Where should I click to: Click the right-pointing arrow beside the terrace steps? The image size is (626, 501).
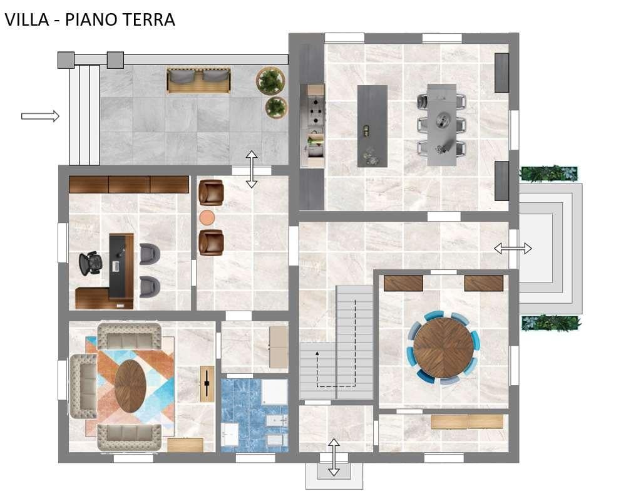pyautogui.click(x=40, y=116)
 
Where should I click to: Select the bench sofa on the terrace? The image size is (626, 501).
pyautogui.click(x=198, y=80)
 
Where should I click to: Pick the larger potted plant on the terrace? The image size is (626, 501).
pyautogui.click(x=270, y=81)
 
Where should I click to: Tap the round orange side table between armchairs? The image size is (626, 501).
pyautogui.click(x=207, y=218)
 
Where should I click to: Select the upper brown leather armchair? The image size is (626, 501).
pyautogui.click(x=210, y=192)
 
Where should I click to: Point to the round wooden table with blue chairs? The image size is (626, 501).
pyautogui.click(x=444, y=348)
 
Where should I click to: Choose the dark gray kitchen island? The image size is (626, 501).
pyautogui.click(x=372, y=126)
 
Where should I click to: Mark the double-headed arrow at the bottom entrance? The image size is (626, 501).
pyautogui.click(x=334, y=457)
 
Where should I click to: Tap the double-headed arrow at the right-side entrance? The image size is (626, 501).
pyautogui.click(x=513, y=249)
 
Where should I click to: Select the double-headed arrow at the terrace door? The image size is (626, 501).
pyautogui.click(x=251, y=169)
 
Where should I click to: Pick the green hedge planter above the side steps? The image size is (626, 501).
pyautogui.click(x=548, y=173)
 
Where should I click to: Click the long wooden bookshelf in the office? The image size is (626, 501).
pyautogui.click(x=128, y=184)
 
